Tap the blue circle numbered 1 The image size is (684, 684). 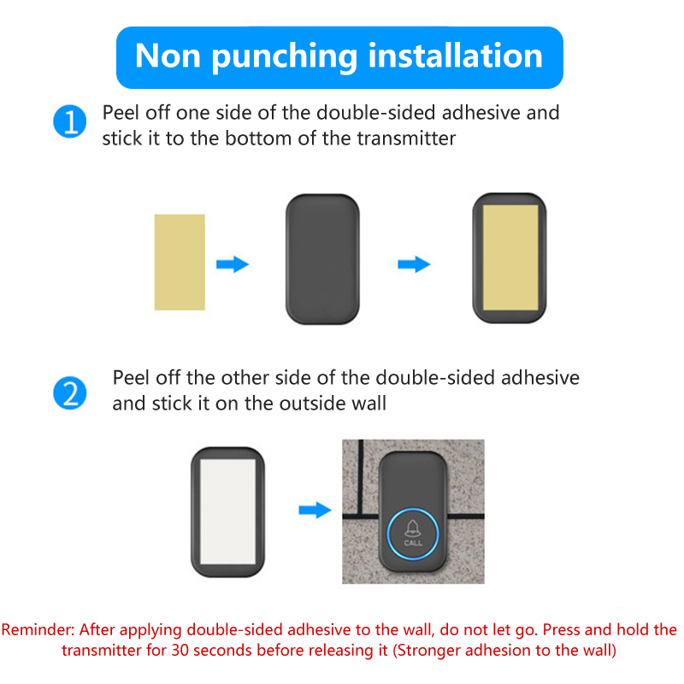point(70,121)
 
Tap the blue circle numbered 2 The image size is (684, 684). point(70,392)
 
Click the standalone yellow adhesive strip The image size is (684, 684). point(180,262)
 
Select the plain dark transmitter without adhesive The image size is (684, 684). point(322,259)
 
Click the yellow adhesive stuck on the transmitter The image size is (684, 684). point(510,258)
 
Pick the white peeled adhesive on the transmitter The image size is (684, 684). point(227,511)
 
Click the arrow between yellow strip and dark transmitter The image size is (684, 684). point(233,264)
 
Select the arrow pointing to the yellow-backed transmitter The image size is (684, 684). point(414,264)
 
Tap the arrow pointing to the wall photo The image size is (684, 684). point(315,510)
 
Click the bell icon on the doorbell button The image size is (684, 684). point(413,528)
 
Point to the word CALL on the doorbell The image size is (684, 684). point(413,543)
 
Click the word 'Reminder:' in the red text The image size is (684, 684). point(38,630)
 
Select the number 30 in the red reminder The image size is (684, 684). point(180,651)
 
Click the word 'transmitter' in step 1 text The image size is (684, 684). point(407,139)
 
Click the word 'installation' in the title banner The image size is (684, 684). point(456,56)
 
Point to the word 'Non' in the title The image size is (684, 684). point(168,56)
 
